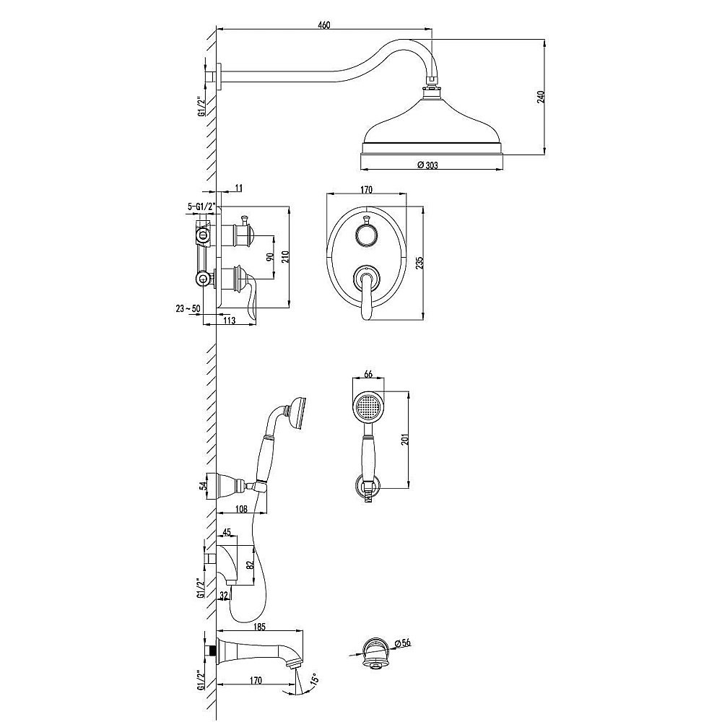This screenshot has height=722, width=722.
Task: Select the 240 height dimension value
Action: click(541, 97)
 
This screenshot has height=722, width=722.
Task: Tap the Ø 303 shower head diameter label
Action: click(427, 165)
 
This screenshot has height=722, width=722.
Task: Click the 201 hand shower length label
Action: click(404, 440)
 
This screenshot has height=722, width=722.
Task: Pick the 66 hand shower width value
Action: click(368, 374)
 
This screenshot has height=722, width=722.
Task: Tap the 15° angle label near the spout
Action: click(314, 679)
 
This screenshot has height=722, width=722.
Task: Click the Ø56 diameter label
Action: click(402, 643)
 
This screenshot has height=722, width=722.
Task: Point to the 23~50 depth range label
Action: click(188, 308)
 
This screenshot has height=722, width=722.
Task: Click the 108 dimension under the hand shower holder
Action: click(241, 509)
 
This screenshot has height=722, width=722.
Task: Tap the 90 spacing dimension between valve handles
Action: click(270, 256)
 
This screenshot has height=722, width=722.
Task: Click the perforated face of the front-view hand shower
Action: click(368, 407)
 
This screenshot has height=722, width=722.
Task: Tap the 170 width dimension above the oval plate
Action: click(367, 190)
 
